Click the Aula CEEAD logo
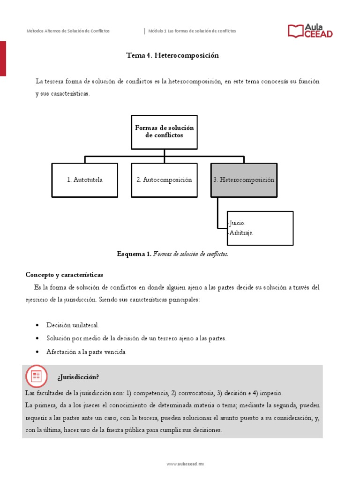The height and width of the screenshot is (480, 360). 310,31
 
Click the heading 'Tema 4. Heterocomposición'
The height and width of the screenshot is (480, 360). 172,55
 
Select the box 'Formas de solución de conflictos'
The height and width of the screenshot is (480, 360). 164,132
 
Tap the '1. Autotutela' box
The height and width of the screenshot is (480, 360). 84,180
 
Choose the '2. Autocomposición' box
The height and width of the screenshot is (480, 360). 164,180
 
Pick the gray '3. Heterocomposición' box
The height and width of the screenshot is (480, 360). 244,180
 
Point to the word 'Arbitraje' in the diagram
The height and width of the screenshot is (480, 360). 240,232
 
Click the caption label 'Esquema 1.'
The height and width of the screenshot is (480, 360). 134,254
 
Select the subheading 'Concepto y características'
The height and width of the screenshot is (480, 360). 64,274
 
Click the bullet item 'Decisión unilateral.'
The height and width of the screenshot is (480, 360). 73,325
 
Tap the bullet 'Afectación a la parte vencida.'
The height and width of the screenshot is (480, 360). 86,352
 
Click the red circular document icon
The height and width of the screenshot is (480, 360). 36,376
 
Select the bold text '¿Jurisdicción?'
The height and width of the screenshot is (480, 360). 78,377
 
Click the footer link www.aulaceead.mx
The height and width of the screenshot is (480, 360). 186,464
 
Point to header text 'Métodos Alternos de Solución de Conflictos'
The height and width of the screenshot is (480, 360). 68,31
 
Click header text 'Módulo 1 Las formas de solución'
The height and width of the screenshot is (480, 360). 192,31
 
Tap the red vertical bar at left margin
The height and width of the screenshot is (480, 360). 3,58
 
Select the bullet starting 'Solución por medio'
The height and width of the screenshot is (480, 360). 136,338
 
